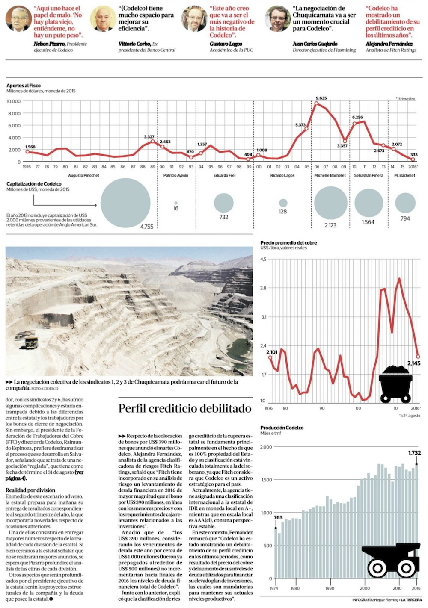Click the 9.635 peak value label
(x=321, y=98)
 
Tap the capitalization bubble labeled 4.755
(x=125, y=203)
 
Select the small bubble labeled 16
(x=176, y=203)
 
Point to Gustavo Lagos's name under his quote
(x=226, y=44)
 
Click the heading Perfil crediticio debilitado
(x=184, y=408)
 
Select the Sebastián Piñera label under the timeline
(x=369, y=175)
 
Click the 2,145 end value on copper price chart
(x=414, y=363)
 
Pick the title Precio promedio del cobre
(x=288, y=242)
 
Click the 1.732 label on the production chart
(x=414, y=452)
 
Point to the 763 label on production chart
(x=278, y=517)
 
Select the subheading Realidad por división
(x=30, y=490)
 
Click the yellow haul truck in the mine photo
(x=31, y=342)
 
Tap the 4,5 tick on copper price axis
(x=263, y=259)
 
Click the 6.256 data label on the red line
(x=357, y=117)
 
